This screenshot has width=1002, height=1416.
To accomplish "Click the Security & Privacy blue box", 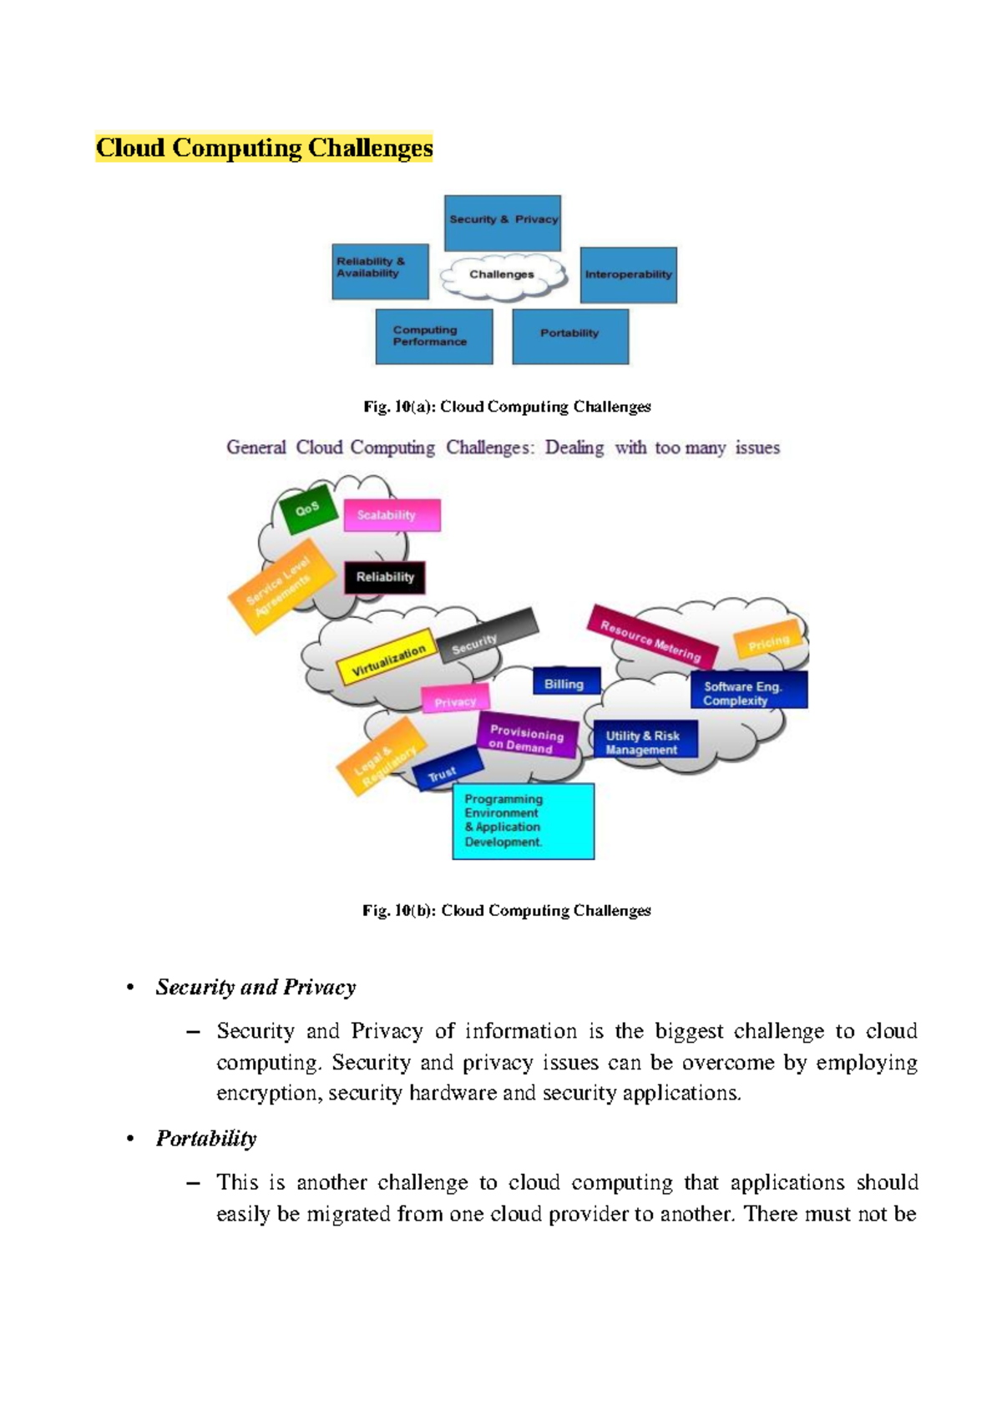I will click(502, 223).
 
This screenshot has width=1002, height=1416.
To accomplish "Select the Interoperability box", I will click(628, 275).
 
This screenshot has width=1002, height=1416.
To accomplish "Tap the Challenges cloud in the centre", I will click(502, 275).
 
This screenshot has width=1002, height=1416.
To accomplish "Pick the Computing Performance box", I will click(433, 336).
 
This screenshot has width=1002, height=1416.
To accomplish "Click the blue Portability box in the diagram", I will click(569, 336).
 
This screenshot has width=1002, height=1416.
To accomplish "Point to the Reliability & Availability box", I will click(380, 271).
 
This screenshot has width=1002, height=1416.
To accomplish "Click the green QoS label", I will click(308, 508).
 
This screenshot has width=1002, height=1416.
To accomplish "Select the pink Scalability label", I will click(392, 515).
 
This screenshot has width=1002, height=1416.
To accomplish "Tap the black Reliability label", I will click(385, 577).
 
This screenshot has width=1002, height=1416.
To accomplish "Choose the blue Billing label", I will click(565, 683).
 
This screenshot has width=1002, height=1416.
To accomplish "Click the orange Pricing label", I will click(767, 641).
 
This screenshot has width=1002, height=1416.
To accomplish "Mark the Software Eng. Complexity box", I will click(748, 692).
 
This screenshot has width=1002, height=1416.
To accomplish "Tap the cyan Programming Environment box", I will click(523, 821).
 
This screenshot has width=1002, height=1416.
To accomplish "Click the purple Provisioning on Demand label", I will click(526, 737).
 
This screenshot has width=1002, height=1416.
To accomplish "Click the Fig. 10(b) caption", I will click(506, 910).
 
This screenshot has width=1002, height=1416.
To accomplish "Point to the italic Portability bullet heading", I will click(206, 1138).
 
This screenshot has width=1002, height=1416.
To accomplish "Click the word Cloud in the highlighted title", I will click(130, 148).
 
